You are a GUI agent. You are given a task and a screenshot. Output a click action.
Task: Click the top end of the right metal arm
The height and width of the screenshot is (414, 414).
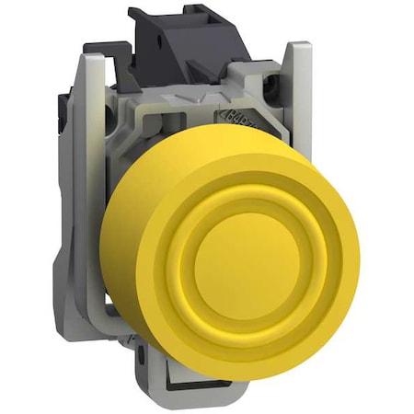point(297,48)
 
